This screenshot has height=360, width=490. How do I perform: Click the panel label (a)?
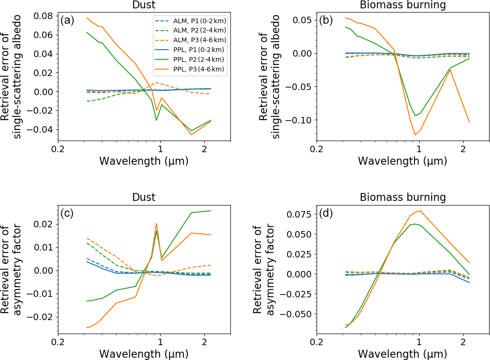pos(67,20)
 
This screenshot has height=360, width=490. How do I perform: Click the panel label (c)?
pos(67,213)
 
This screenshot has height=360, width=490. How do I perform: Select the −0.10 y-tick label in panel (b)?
pos(300,120)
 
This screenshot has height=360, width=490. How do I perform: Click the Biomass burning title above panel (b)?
pos(403,5)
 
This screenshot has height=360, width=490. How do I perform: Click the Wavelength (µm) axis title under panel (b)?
pos(403,161)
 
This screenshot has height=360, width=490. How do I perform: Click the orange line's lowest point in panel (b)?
pos(415,135)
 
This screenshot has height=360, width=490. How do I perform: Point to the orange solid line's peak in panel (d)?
pos(420,211)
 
